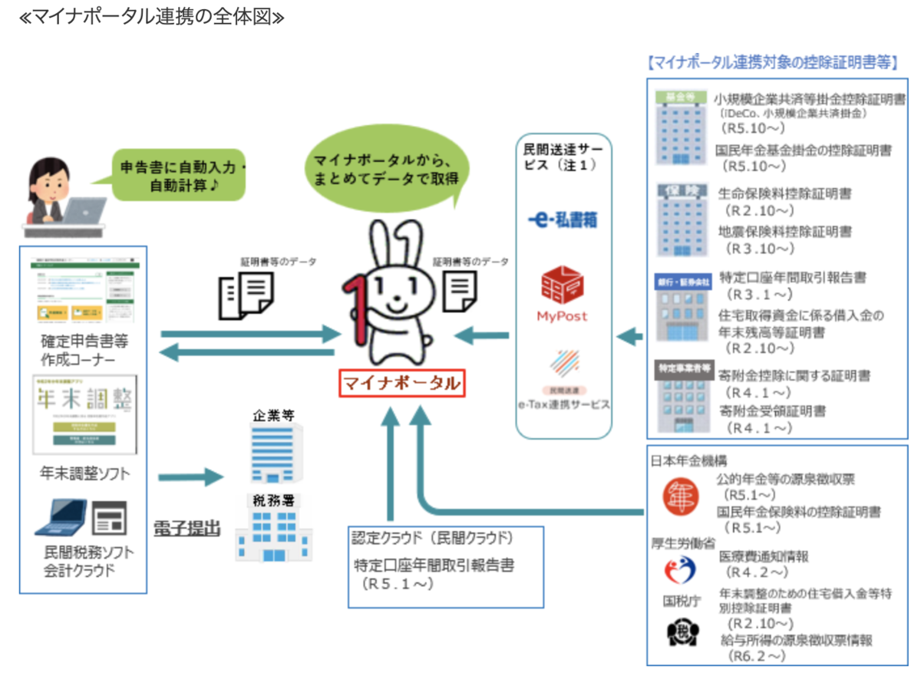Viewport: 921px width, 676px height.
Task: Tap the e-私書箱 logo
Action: (x=562, y=220)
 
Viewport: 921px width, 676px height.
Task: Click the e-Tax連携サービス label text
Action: (x=563, y=404)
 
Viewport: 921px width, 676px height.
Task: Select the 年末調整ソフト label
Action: (x=84, y=473)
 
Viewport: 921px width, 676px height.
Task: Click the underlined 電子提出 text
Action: (x=187, y=528)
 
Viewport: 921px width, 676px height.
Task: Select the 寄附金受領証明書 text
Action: (x=772, y=411)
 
